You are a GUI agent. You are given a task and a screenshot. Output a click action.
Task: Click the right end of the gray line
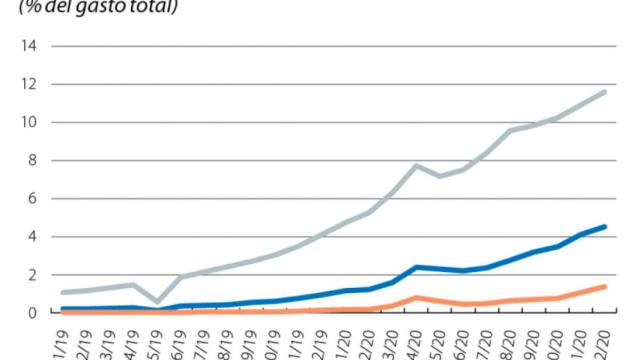604,92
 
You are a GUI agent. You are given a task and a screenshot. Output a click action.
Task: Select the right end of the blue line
604,227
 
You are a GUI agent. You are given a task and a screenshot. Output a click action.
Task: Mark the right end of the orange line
604,286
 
